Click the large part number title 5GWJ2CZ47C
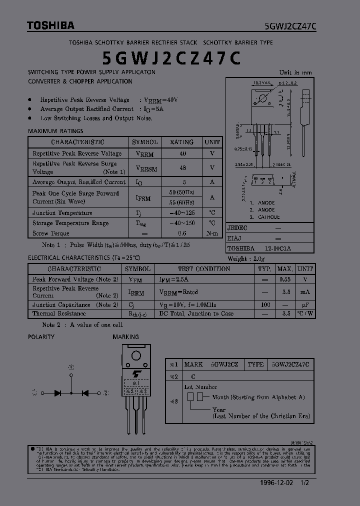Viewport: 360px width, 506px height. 171,58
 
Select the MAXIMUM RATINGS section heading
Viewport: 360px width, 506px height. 55,131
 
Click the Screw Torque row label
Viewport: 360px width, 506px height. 51,233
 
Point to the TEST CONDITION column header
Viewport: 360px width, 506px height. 203,269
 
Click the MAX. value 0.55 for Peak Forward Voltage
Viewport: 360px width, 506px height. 285,279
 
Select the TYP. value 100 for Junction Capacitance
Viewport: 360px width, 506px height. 265,304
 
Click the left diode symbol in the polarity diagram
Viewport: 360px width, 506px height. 58,393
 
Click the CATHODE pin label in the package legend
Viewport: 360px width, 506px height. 268,217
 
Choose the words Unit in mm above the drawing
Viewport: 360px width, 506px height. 295,72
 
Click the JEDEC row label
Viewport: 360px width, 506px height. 237,227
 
